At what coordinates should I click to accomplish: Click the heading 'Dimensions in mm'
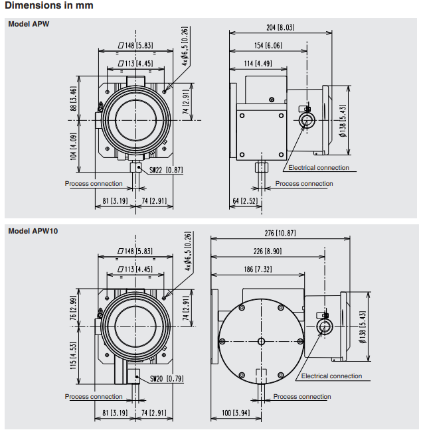coord(48,5)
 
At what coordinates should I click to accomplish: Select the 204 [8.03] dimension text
coord(280,27)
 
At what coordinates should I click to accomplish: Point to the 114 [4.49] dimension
coord(256,64)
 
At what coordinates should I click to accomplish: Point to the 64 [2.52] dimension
coord(245,200)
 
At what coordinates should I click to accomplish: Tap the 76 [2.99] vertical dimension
coord(73,308)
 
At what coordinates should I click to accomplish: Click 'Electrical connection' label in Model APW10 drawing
coord(331,376)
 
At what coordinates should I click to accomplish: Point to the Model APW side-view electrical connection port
coord(306,119)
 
